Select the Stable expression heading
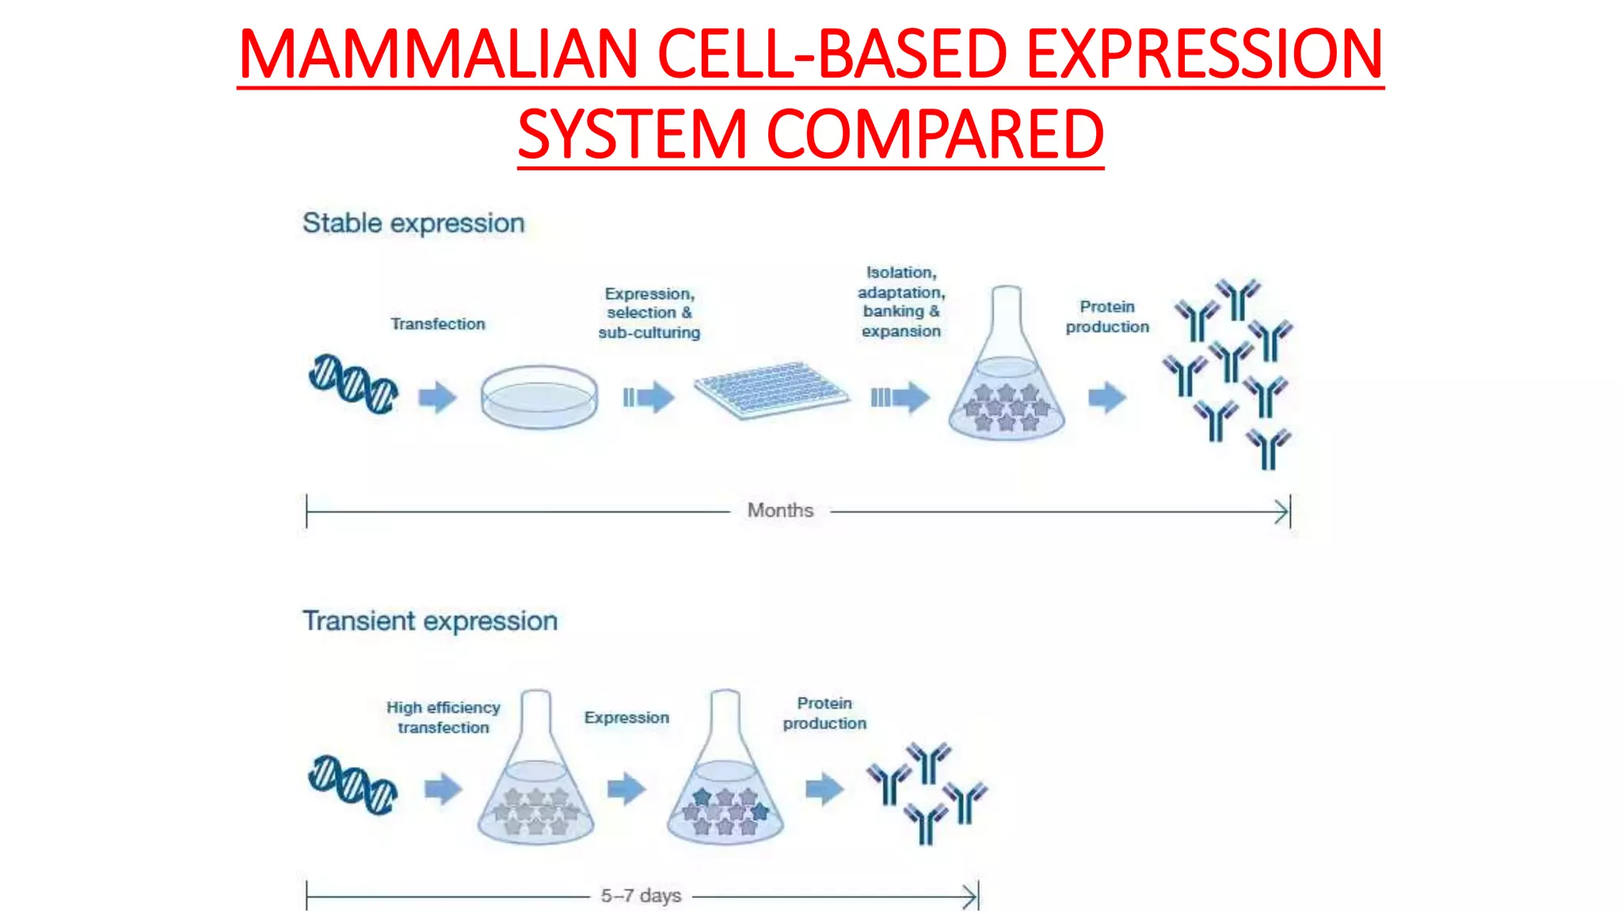pos(413,223)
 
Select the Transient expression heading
pos(430,621)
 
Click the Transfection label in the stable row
pos(437,324)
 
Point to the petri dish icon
pos(539,396)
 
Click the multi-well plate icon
pos(771,390)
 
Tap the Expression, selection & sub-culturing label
pos(649,313)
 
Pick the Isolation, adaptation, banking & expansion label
pos(901,302)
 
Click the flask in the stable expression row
pos(1007,372)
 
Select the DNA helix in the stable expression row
pos(353,384)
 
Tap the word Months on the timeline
pos(780,510)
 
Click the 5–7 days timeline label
pos(641,896)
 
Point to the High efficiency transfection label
pos(444,717)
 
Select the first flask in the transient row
pos(536,777)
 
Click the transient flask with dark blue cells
pos(725,777)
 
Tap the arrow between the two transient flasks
pos(626,789)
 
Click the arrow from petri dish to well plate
pos(648,397)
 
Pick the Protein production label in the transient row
pos(824,713)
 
